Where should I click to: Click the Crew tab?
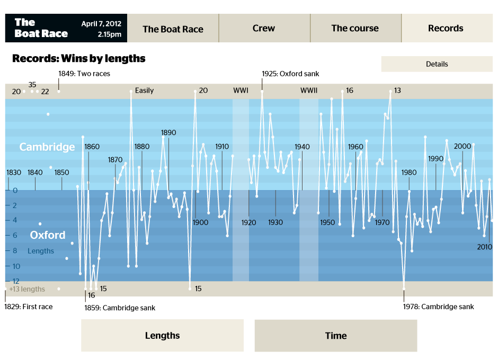click(x=264, y=29)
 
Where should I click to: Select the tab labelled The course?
click(x=355, y=29)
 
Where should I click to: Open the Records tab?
click(x=446, y=29)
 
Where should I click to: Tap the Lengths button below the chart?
click(x=162, y=336)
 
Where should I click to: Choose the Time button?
click(x=336, y=336)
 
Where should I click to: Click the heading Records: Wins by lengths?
click(x=78, y=58)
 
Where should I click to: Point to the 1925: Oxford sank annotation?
click(x=290, y=74)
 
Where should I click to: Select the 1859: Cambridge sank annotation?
click(x=120, y=308)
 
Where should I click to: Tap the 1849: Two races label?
click(x=84, y=74)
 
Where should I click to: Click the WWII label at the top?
click(x=309, y=91)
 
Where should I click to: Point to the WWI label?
click(x=241, y=91)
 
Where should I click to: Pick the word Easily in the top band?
click(x=144, y=91)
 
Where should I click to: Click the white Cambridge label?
click(x=47, y=147)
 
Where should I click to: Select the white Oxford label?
click(x=48, y=235)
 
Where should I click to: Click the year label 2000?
click(x=463, y=147)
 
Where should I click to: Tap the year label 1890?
click(x=168, y=133)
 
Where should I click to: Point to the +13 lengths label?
click(x=27, y=289)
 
